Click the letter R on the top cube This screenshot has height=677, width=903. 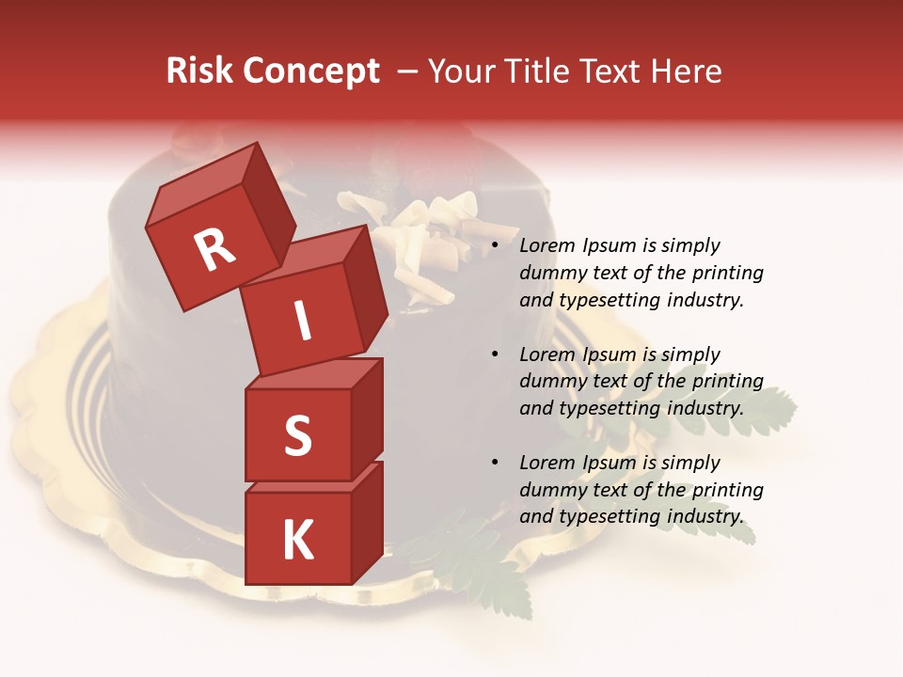point(214,249)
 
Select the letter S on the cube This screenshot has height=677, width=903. point(297,435)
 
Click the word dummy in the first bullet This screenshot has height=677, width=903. point(550,274)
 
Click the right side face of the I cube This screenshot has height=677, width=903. point(365,287)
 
